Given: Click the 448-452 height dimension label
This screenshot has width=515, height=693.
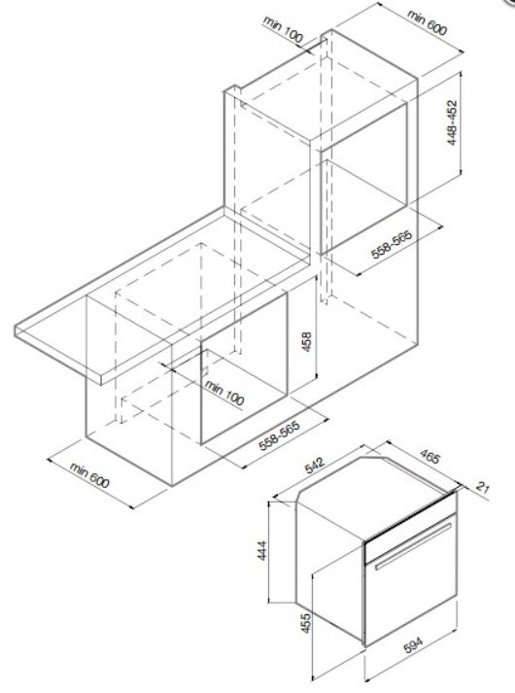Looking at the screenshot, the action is click(452, 123).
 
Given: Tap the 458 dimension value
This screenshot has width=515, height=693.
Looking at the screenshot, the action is click(306, 341).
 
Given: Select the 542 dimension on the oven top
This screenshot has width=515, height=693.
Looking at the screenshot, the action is click(315, 464).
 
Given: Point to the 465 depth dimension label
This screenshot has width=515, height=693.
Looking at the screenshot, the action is click(429, 457).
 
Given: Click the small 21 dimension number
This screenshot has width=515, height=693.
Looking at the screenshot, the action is click(483, 488).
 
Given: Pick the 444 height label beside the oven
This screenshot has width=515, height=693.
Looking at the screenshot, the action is click(262, 550).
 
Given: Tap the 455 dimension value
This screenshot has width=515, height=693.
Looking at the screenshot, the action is click(306, 623).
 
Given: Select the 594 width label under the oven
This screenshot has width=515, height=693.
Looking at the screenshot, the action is click(413, 644).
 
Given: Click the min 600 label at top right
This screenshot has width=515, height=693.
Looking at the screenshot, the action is click(428, 22).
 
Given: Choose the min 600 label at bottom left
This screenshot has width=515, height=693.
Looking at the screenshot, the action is click(88, 475).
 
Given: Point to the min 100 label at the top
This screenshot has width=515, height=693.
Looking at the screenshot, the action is click(283, 29).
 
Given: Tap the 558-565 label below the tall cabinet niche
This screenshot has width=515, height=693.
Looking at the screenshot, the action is click(392, 244).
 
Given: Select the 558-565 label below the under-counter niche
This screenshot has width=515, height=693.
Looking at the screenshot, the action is click(279, 435).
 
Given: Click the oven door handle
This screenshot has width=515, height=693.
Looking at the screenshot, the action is click(413, 546).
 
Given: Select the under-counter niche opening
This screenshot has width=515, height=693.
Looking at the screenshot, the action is click(244, 367).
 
